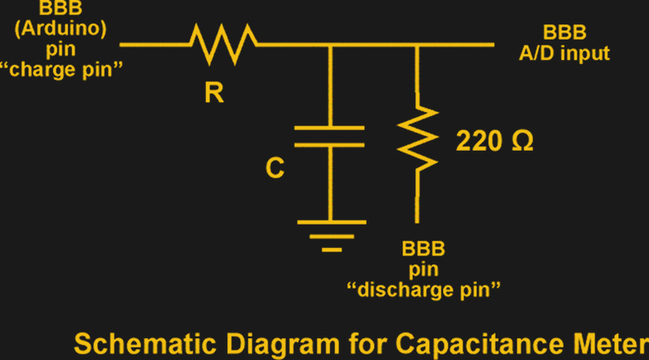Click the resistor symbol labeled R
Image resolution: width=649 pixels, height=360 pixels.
224,45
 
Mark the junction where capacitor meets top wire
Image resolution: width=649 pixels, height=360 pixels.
330,45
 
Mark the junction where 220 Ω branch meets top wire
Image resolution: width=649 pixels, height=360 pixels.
417,45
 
